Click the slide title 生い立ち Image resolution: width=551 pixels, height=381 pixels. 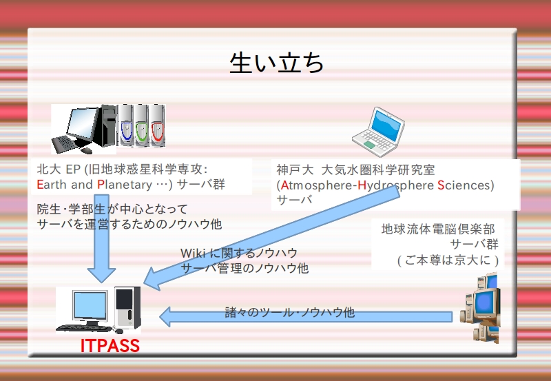click(277, 63)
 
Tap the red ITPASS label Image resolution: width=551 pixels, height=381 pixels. click(110, 345)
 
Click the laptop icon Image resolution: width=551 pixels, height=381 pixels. click(378, 132)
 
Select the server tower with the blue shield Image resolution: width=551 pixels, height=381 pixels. click(125, 125)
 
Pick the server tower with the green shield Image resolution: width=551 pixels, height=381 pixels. click(141, 125)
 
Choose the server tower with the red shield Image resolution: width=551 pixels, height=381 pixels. click(157, 125)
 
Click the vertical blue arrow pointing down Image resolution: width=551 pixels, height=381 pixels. click(101, 238)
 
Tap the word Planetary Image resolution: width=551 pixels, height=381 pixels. click(125, 184)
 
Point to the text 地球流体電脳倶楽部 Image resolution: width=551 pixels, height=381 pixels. click(438, 229)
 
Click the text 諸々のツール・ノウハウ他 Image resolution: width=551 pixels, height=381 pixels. click(290, 312)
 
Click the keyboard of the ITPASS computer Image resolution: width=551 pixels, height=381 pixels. click(83, 329)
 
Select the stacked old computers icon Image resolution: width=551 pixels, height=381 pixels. click(480, 309)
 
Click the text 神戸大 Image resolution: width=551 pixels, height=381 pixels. click(295, 169)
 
